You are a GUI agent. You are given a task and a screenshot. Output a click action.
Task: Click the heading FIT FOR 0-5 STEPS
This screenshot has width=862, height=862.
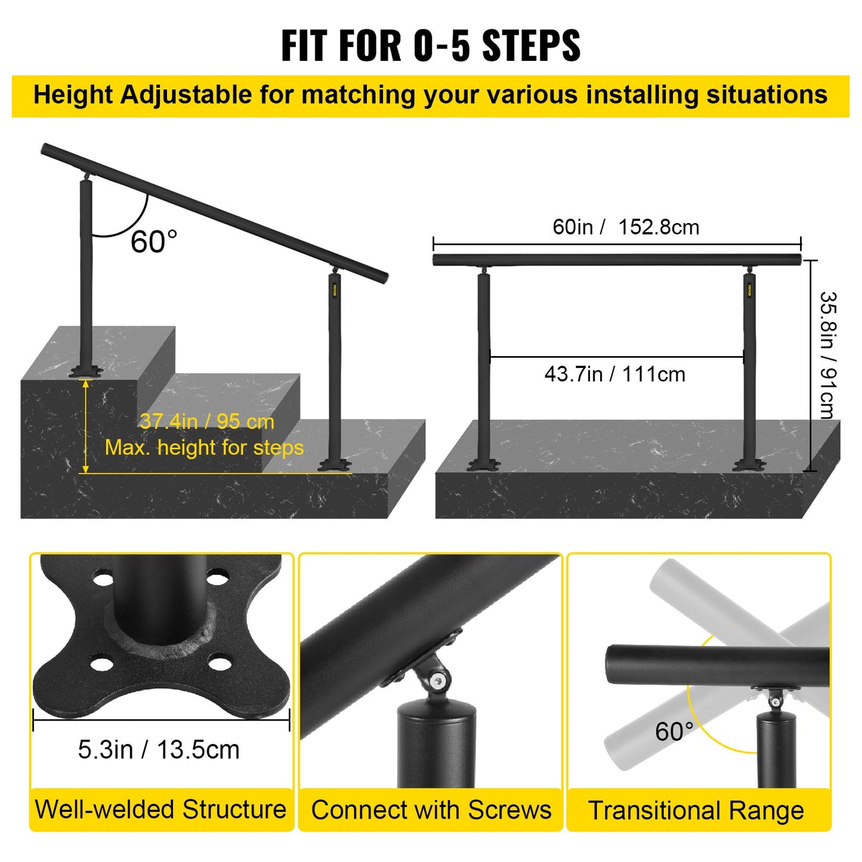coord(431,45)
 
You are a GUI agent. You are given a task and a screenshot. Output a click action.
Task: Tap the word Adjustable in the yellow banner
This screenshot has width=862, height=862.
coord(186,95)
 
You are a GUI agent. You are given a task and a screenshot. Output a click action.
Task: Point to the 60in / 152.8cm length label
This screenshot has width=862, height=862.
coord(626,227)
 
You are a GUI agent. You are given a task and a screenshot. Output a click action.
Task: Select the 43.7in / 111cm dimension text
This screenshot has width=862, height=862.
coord(614,375)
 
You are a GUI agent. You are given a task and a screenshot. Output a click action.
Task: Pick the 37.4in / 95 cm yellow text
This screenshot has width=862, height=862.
coord(207,422)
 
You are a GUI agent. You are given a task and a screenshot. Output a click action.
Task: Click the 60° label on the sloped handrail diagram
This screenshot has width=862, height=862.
coord(154,242)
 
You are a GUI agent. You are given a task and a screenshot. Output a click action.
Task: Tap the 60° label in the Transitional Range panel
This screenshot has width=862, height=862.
coord(674,732)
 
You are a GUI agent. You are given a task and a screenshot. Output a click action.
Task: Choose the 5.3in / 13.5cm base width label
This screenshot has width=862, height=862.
coord(159,750)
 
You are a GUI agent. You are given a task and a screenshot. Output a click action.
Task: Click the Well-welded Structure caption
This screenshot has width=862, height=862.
coord(160,810)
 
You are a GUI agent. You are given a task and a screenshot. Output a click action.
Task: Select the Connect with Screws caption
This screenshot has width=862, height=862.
coord(431,810)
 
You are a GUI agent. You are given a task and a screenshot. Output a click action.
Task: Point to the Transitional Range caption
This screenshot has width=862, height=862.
coord(696,811)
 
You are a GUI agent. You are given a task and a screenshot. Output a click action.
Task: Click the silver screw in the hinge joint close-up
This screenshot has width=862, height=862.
coord(440,680)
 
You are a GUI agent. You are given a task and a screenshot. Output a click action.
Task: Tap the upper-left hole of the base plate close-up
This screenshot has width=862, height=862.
coord(103,579)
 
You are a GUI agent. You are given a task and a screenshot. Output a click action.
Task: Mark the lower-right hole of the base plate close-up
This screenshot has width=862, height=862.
coord(220,663)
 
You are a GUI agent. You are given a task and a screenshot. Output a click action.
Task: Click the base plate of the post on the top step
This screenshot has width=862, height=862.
coord(86,372)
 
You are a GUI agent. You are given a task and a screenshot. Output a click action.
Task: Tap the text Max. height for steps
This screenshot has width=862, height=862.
coord(204,447)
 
